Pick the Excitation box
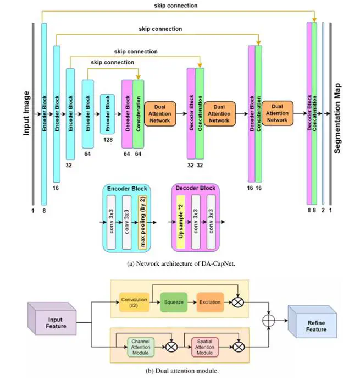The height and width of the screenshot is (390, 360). (x=209, y=301)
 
